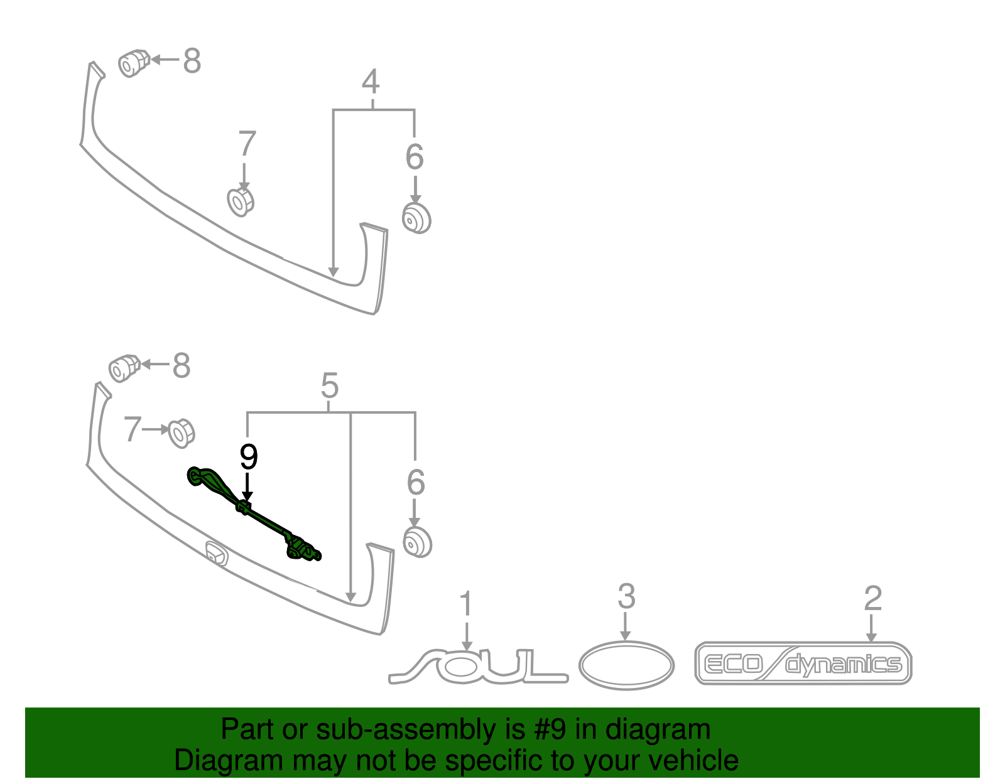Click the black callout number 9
(248, 458)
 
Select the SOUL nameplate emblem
(478, 666)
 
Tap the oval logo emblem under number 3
(626, 665)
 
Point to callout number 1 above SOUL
(466, 603)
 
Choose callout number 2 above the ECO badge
(872, 598)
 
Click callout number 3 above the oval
(626, 596)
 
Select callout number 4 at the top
(371, 82)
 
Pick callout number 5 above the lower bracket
(329, 385)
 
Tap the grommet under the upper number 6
(416, 218)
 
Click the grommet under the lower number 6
(417, 542)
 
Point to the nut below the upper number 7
(241, 201)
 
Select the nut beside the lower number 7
(182, 433)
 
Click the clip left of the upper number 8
(134, 63)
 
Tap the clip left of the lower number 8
(124, 368)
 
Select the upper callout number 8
(192, 60)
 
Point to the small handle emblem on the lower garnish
(217, 552)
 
